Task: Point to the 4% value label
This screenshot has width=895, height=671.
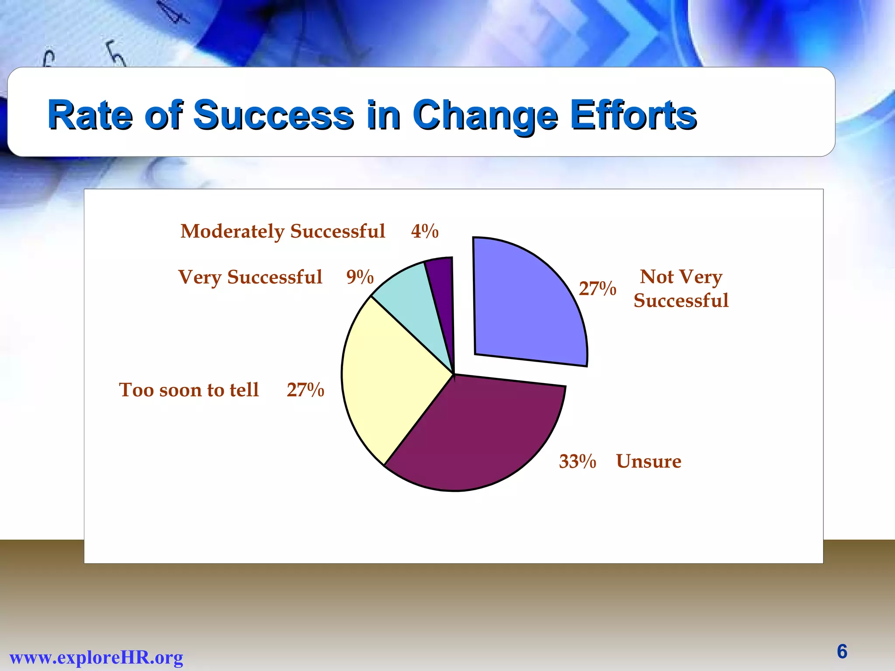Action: click(424, 231)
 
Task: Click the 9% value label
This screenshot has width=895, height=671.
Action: click(360, 277)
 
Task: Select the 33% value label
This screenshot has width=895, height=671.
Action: click(577, 461)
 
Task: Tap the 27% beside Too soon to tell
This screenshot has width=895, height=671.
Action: click(305, 390)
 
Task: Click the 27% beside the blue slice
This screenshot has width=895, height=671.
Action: click(597, 289)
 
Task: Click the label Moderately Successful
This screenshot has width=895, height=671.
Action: click(283, 231)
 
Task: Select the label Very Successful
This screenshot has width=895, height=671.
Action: click(250, 277)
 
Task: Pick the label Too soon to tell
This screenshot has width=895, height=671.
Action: click(189, 390)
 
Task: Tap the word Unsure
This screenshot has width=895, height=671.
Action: click(649, 461)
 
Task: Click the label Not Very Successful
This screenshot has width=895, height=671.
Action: click(681, 288)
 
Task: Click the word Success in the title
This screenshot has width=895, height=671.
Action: click(273, 115)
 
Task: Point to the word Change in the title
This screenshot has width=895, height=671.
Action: click(485, 115)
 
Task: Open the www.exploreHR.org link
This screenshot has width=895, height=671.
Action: click(96, 657)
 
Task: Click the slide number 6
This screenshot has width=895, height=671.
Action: click(842, 651)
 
